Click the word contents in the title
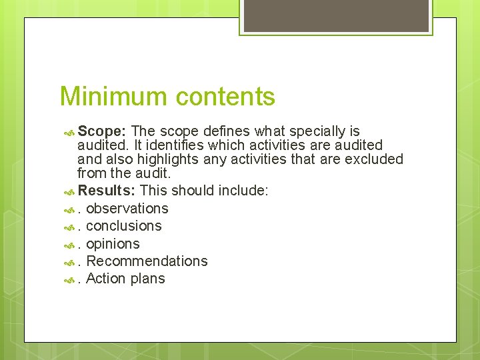[223, 97]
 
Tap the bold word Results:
[107, 191]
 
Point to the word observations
[127, 209]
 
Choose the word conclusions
[124, 226]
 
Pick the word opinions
[113, 244]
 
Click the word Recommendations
[147, 261]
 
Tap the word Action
[107, 279]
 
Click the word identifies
[163, 145]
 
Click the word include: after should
[243, 191]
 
